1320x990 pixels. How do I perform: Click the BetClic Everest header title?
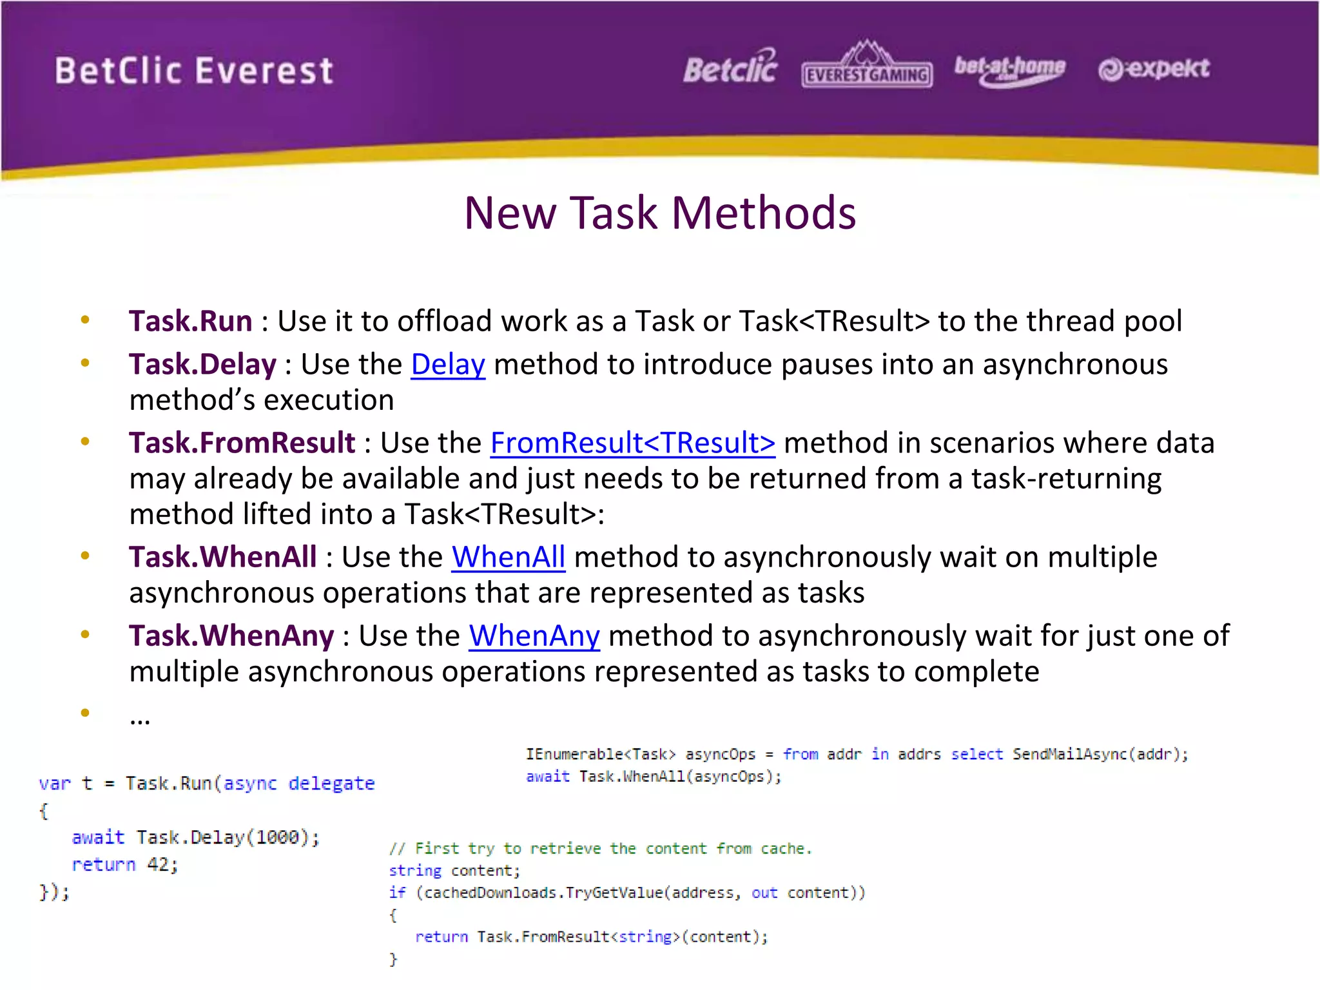tap(194, 71)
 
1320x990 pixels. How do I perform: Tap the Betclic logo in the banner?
tap(730, 68)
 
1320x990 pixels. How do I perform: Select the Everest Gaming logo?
tap(867, 68)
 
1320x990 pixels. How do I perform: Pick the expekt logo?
tap(1154, 69)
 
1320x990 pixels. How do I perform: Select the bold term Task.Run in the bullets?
tap(190, 321)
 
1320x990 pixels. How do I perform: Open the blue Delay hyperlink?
tap(448, 364)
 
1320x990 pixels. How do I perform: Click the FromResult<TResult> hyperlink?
tap(632, 443)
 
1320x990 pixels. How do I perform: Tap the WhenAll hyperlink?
tap(508, 557)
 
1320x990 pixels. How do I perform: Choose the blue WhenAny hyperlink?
tap(534, 636)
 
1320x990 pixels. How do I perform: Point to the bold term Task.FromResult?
tap(242, 443)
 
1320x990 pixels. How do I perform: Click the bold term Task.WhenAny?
tap(231, 636)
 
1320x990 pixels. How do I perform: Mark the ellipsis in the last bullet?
tap(140, 718)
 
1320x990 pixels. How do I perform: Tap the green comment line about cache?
tap(600, 848)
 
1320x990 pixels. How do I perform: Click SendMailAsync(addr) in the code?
tap(1096, 754)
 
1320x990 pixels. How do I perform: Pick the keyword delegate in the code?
tap(331, 783)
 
